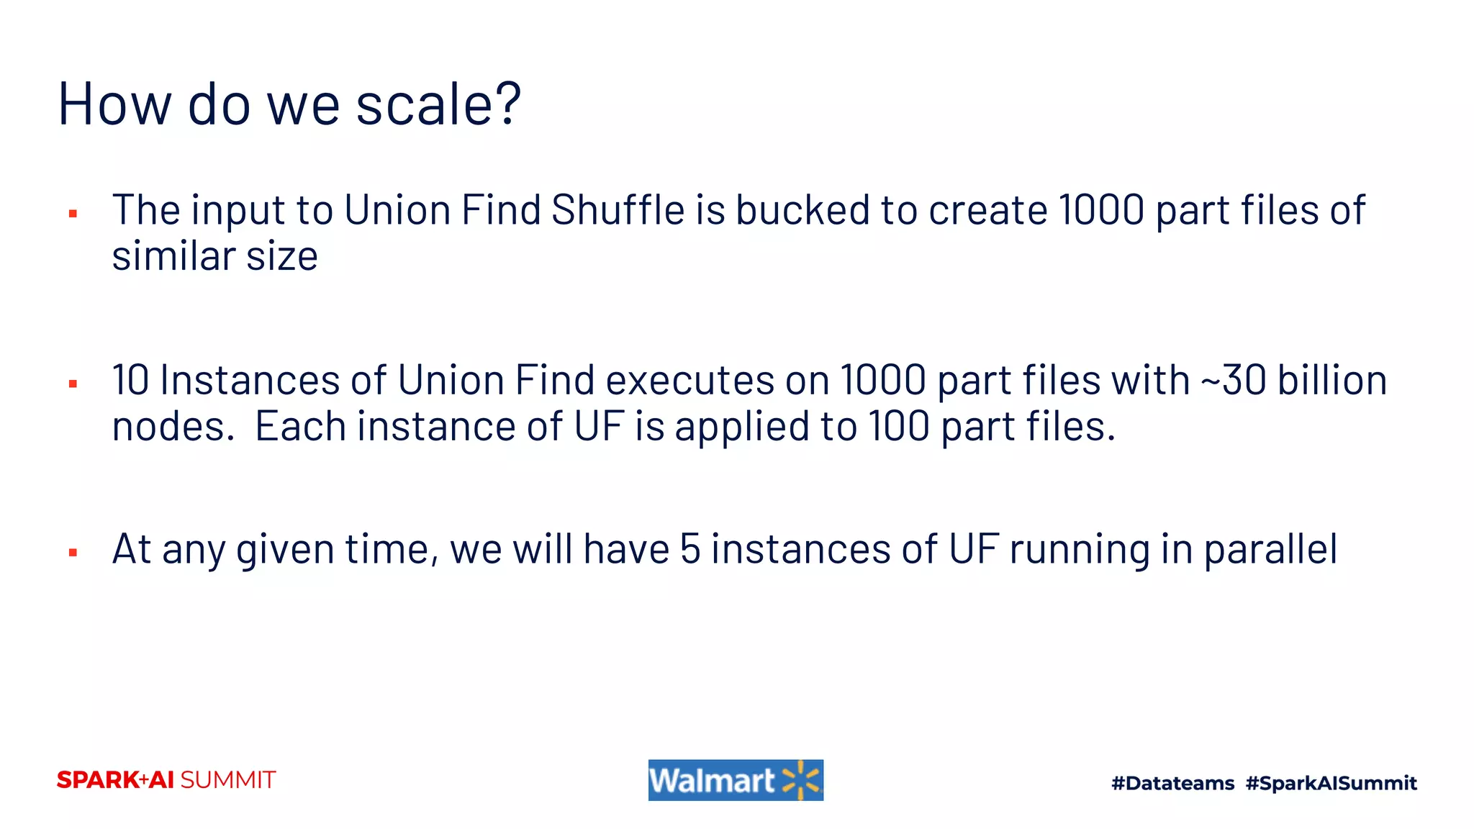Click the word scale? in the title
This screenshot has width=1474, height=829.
[438, 105]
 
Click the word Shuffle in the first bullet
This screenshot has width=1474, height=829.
[618, 210]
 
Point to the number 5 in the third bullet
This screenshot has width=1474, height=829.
[689, 549]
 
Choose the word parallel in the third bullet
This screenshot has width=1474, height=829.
[1270, 551]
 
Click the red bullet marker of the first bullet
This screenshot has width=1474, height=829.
[73, 214]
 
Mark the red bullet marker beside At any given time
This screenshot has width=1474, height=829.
[73, 553]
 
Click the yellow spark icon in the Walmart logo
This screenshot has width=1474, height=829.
[801, 780]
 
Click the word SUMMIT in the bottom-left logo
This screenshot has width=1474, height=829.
[228, 780]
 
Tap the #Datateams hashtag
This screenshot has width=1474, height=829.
[1172, 783]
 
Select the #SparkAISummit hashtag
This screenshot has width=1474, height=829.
[1331, 783]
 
